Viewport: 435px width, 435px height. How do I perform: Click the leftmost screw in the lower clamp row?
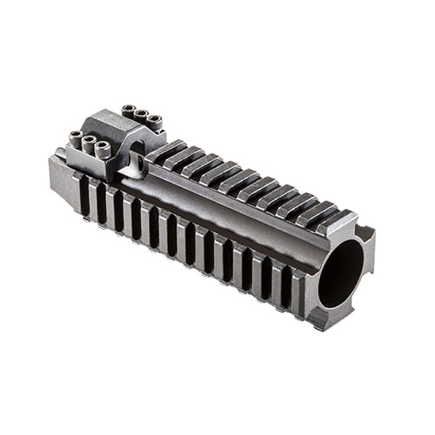pyautogui.click(x=76, y=136)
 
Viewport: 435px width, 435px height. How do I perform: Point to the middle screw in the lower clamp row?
pyautogui.click(x=88, y=141)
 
